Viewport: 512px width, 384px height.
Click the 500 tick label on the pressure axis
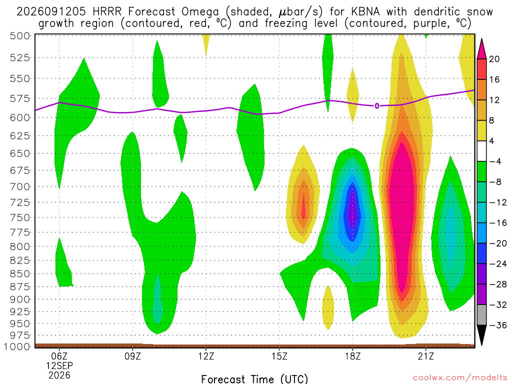point(20,35)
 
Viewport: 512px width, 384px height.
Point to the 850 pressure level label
point(20,273)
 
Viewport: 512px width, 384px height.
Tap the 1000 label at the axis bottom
point(16,346)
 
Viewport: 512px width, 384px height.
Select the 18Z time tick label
point(352,356)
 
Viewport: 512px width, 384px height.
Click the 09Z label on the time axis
point(132,356)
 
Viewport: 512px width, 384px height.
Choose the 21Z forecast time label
point(426,356)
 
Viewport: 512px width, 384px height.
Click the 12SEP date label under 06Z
point(59,365)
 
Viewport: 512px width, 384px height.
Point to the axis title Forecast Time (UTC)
point(254,379)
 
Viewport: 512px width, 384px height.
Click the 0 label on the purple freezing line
point(377,106)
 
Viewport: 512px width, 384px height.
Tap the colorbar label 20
point(494,59)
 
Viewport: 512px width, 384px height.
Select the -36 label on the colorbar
point(498,325)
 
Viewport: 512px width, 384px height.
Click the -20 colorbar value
point(498,243)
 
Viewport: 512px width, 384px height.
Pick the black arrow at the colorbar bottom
point(481,334)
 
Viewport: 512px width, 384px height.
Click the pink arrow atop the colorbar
point(481,49)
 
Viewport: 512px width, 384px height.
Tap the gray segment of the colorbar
point(481,315)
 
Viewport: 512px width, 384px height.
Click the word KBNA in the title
point(365,12)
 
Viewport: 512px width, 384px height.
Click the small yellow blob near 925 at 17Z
point(328,307)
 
